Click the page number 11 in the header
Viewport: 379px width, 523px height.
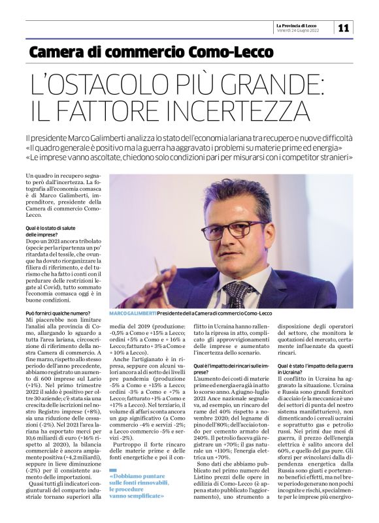(344, 27)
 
